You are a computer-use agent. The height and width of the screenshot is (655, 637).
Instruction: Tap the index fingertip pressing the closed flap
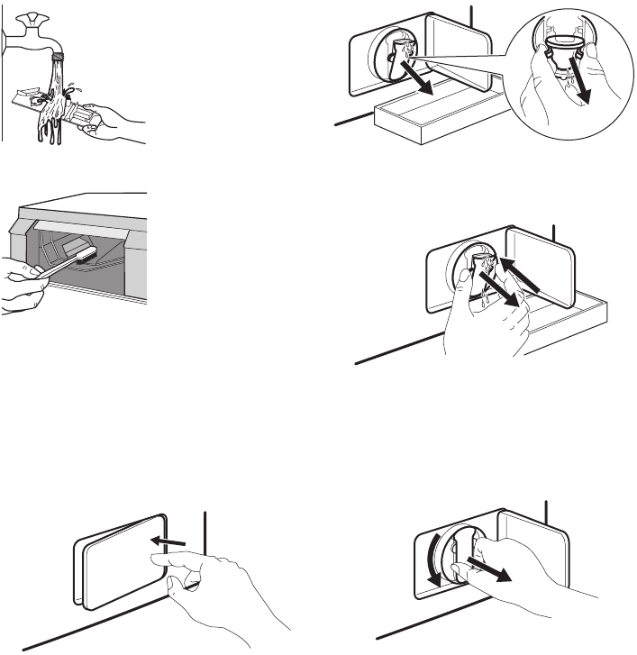[160, 559]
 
